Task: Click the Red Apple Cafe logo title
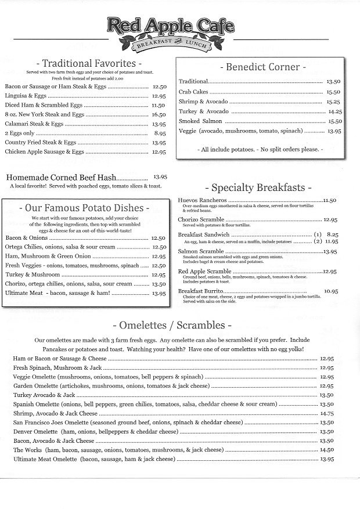170,26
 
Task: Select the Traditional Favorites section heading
89,63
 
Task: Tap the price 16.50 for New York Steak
159,115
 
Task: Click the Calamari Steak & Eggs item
34,124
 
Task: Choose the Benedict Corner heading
262,67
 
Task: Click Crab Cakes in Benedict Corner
193,92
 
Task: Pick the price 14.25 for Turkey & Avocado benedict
335,111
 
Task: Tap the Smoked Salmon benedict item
197,121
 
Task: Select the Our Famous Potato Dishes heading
84,207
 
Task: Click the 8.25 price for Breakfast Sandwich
331,233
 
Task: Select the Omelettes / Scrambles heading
175,324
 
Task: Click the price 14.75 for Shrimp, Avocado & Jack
326,414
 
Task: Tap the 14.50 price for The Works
326,450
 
